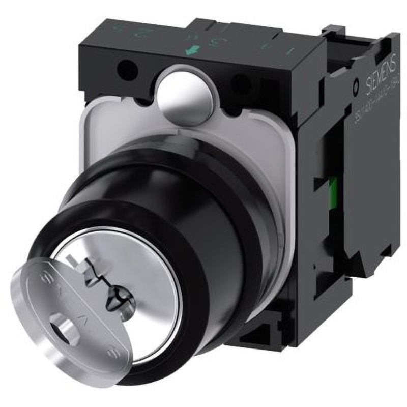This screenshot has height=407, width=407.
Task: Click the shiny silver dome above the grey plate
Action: tap(188, 95)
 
